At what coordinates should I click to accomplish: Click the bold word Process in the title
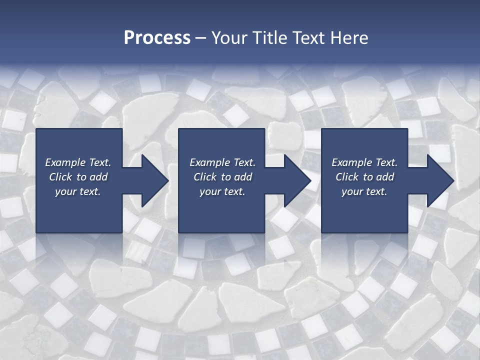coord(157,38)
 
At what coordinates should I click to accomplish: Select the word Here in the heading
coord(349,38)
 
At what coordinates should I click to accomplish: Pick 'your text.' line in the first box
coord(78,191)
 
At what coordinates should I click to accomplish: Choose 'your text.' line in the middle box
coord(222,191)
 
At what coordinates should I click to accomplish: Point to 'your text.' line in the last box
coord(364,191)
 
